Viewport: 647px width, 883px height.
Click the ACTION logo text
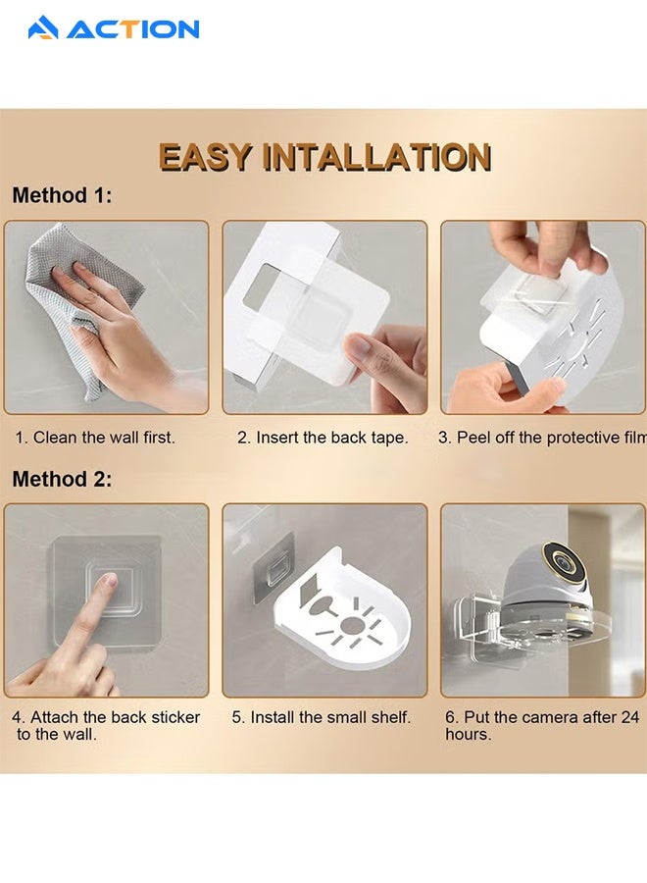click(x=132, y=29)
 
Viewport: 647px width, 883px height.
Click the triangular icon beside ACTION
click(x=43, y=27)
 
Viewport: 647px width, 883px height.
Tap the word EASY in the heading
click(x=205, y=157)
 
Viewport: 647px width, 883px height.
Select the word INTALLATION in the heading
click(x=377, y=157)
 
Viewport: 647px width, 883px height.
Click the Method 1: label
click(x=62, y=195)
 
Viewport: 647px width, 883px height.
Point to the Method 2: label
click(x=62, y=479)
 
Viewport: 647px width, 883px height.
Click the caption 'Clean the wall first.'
click(x=104, y=438)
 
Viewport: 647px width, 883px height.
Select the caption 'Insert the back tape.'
click(x=332, y=438)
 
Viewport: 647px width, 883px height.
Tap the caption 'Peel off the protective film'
click(x=551, y=438)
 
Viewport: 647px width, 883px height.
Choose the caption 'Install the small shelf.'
click(x=330, y=717)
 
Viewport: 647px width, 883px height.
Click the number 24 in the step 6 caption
click(x=629, y=717)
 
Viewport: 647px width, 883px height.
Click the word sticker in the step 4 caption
click(x=175, y=717)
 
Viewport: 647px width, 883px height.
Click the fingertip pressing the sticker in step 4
click(x=109, y=581)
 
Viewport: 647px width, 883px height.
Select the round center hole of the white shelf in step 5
click(x=352, y=625)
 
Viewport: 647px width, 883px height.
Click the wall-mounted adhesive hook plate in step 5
click(x=274, y=566)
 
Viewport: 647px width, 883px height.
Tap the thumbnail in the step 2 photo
click(x=359, y=344)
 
